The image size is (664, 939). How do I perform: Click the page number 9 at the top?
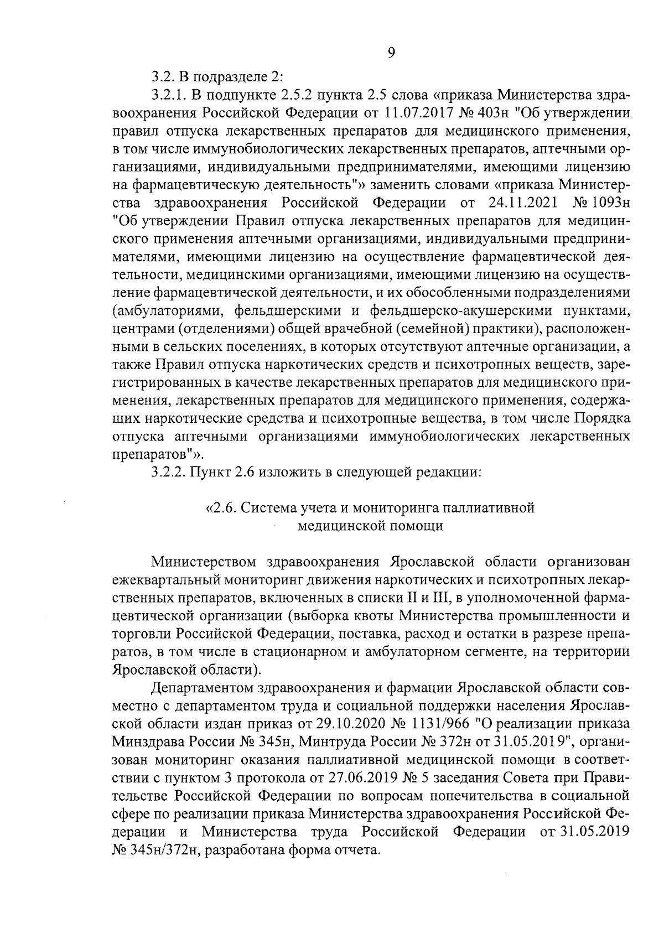(x=391, y=53)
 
